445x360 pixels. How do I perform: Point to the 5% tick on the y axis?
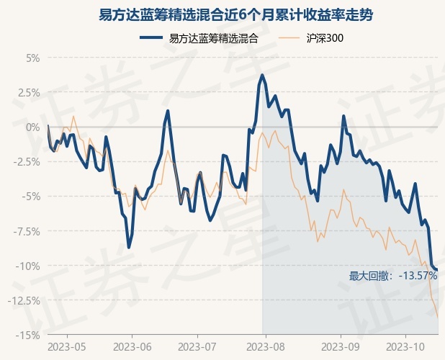click(x=32, y=58)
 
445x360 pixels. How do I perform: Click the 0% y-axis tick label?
click(x=32, y=127)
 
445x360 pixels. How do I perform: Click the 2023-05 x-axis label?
click(x=67, y=346)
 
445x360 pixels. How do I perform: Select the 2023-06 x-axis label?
click(x=132, y=346)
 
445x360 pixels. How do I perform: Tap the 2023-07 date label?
click(x=197, y=346)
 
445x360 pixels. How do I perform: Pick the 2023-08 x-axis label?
click(x=264, y=346)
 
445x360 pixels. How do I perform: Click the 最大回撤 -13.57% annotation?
click(x=393, y=276)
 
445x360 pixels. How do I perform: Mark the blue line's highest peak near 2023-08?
click(x=262, y=75)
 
